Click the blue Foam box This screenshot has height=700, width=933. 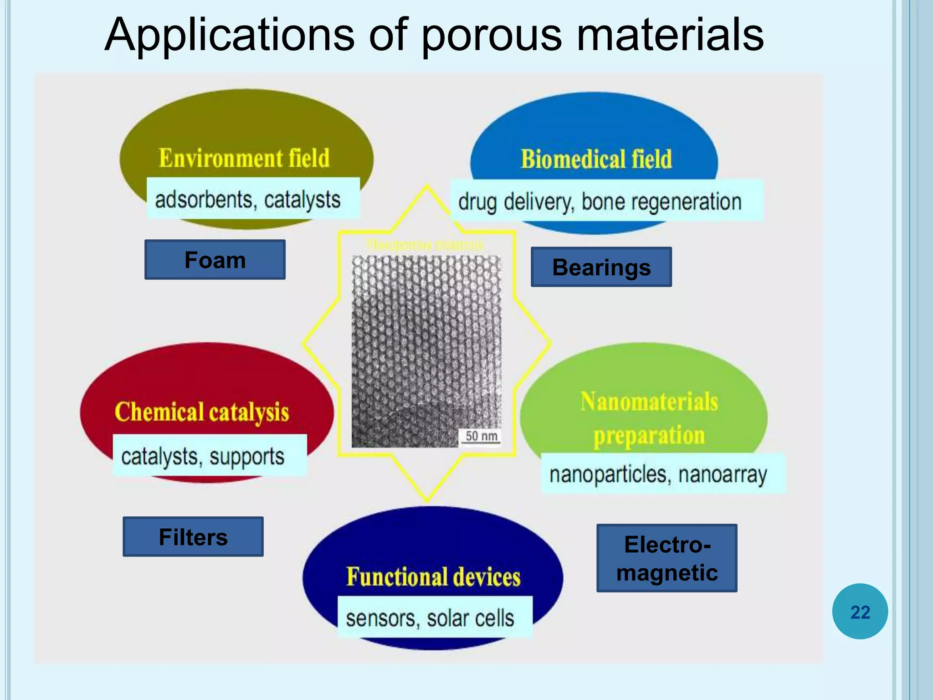point(215,260)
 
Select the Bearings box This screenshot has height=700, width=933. point(601,267)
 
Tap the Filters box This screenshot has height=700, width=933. point(193,537)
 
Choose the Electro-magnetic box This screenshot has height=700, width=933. point(666,558)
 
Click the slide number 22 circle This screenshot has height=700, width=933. point(860,612)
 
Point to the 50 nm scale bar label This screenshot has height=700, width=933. point(481,436)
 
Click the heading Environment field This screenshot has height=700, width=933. point(244,158)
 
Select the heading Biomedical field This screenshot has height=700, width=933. point(596,159)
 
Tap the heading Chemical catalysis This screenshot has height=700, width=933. point(202,412)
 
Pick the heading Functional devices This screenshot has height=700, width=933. point(433,576)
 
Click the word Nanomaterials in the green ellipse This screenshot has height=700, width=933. point(649,402)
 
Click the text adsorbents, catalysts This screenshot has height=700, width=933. point(248,200)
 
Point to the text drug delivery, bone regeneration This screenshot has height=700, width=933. point(600,202)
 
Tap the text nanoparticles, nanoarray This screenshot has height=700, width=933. point(658,474)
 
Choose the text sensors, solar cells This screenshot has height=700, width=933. point(430,618)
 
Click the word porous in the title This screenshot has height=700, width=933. point(492,36)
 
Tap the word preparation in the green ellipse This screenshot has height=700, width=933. point(649,435)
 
